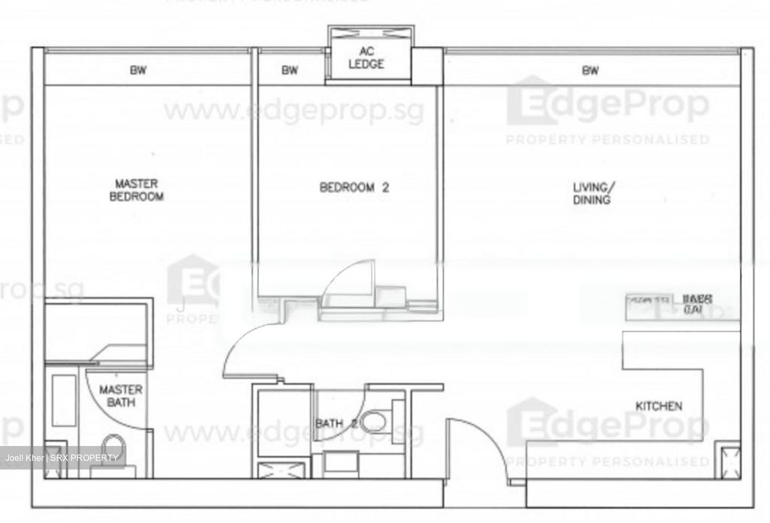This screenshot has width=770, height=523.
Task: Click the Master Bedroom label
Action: (136, 190)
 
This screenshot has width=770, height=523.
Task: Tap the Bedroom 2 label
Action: (354, 187)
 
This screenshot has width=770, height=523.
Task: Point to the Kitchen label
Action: (658, 406)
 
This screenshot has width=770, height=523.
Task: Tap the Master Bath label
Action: (121, 395)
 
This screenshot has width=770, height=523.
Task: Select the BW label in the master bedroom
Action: (138, 70)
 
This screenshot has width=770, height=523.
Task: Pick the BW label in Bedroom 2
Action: (289, 70)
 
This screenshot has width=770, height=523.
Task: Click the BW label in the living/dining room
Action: (590, 70)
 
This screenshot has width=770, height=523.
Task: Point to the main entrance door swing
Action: (473, 449)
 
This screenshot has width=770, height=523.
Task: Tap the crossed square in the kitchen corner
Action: (728, 459)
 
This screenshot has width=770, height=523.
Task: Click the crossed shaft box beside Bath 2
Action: (280, 471)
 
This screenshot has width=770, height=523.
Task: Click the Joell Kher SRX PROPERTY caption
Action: (61, 458)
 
